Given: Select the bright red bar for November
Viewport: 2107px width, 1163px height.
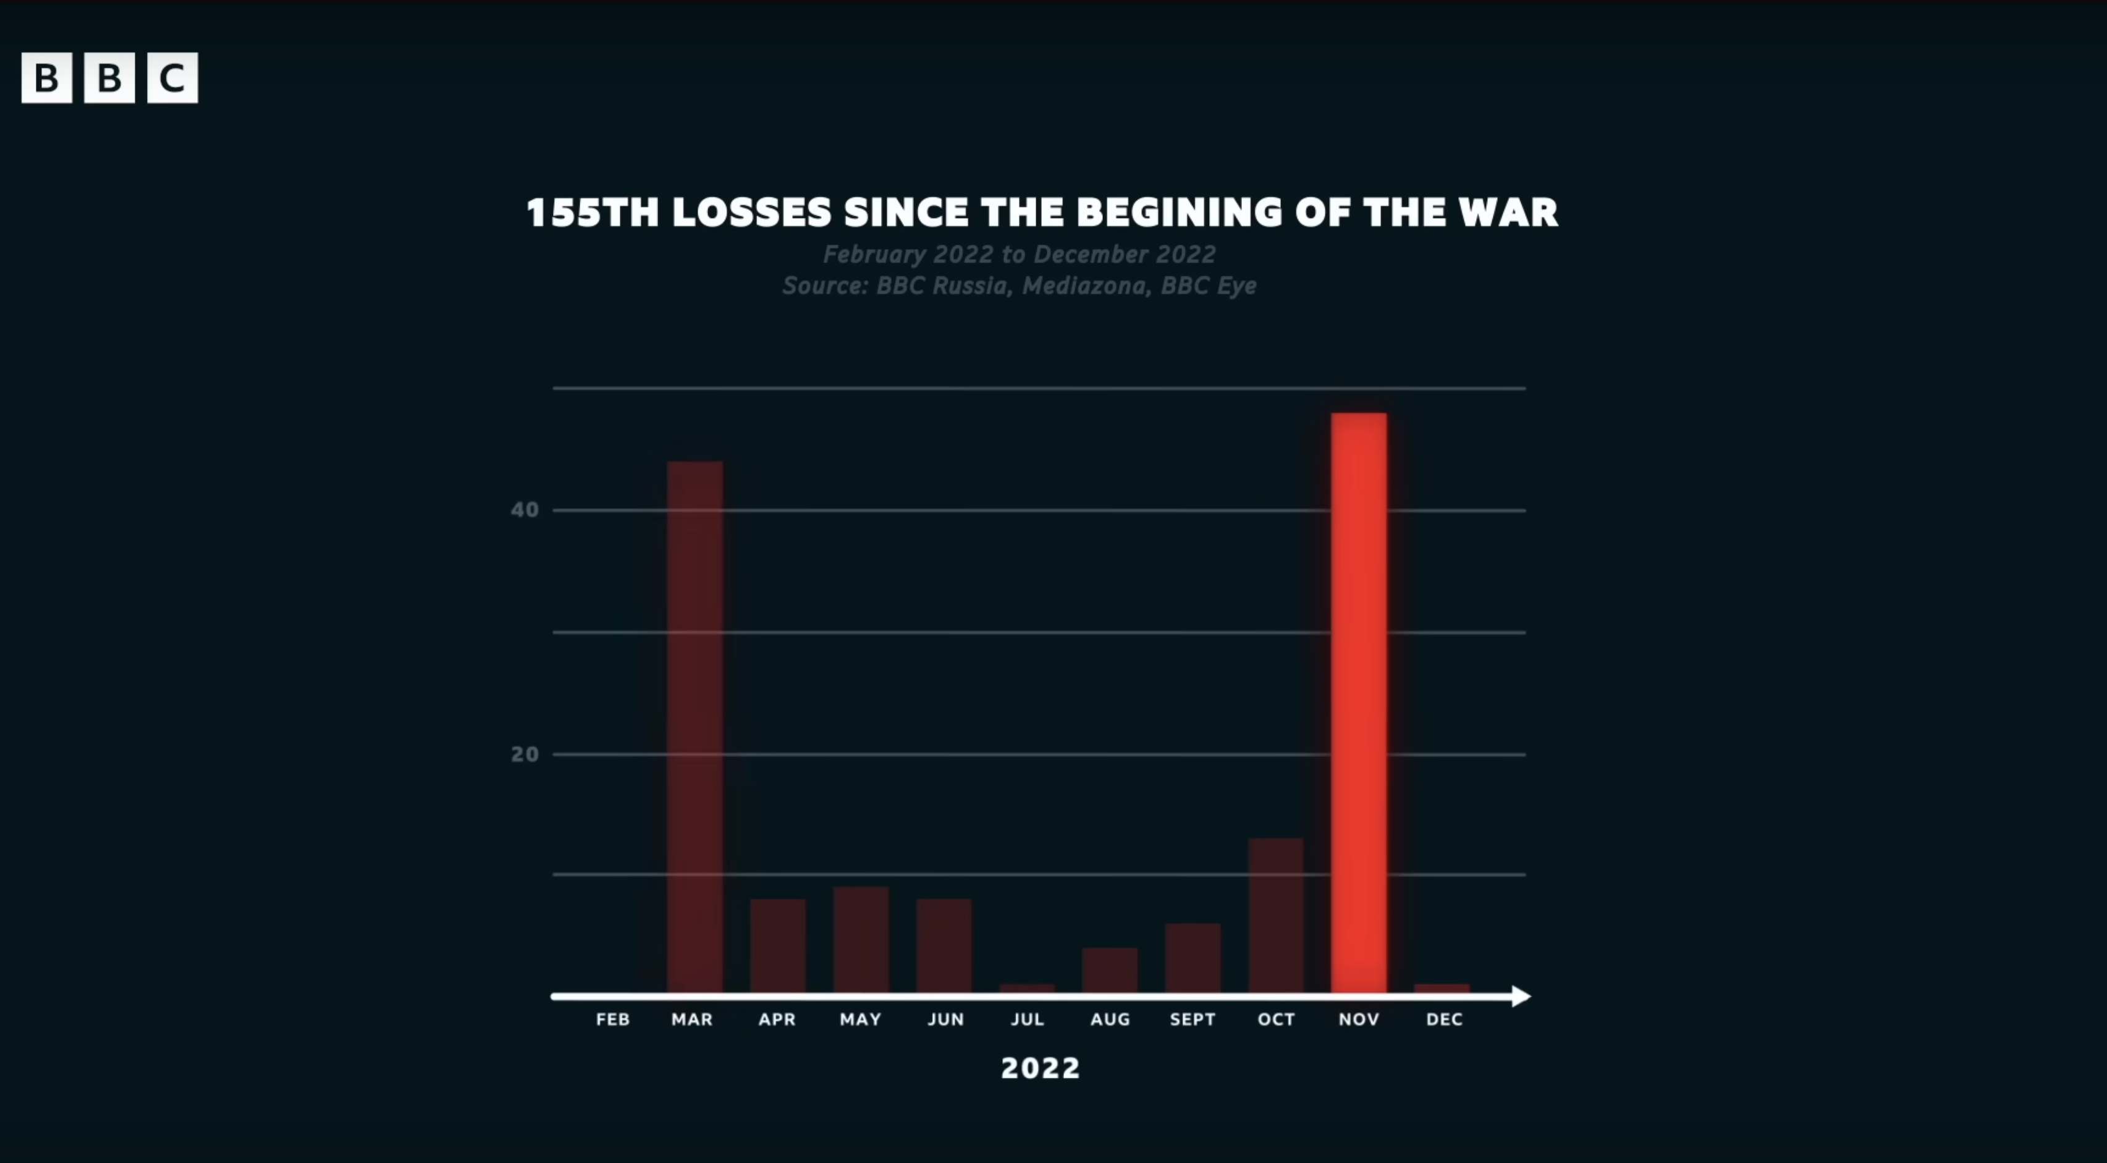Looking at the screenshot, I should click(x=1359, y=703).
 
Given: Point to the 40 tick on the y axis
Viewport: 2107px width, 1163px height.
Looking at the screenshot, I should click(x=525, y=510).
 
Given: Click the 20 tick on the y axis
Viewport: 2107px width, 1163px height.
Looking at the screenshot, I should click(x=525, y=754).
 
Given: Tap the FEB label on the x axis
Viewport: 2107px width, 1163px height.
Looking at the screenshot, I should click(x=612, y=1019).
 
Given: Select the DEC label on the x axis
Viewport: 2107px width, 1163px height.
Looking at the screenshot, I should click(x=1443, y=1019).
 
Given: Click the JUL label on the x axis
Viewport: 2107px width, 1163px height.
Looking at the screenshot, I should click(x=1028, y=1019).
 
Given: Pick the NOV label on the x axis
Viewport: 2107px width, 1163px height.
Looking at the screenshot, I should click(x=1359, y=1019).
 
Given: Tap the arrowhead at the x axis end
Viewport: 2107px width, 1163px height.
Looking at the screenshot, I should click(x=1521, y=996).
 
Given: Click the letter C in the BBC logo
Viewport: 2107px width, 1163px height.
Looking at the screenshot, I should click(x=172, y=78).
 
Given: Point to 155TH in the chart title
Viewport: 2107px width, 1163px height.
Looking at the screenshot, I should click(x=592, y=213).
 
